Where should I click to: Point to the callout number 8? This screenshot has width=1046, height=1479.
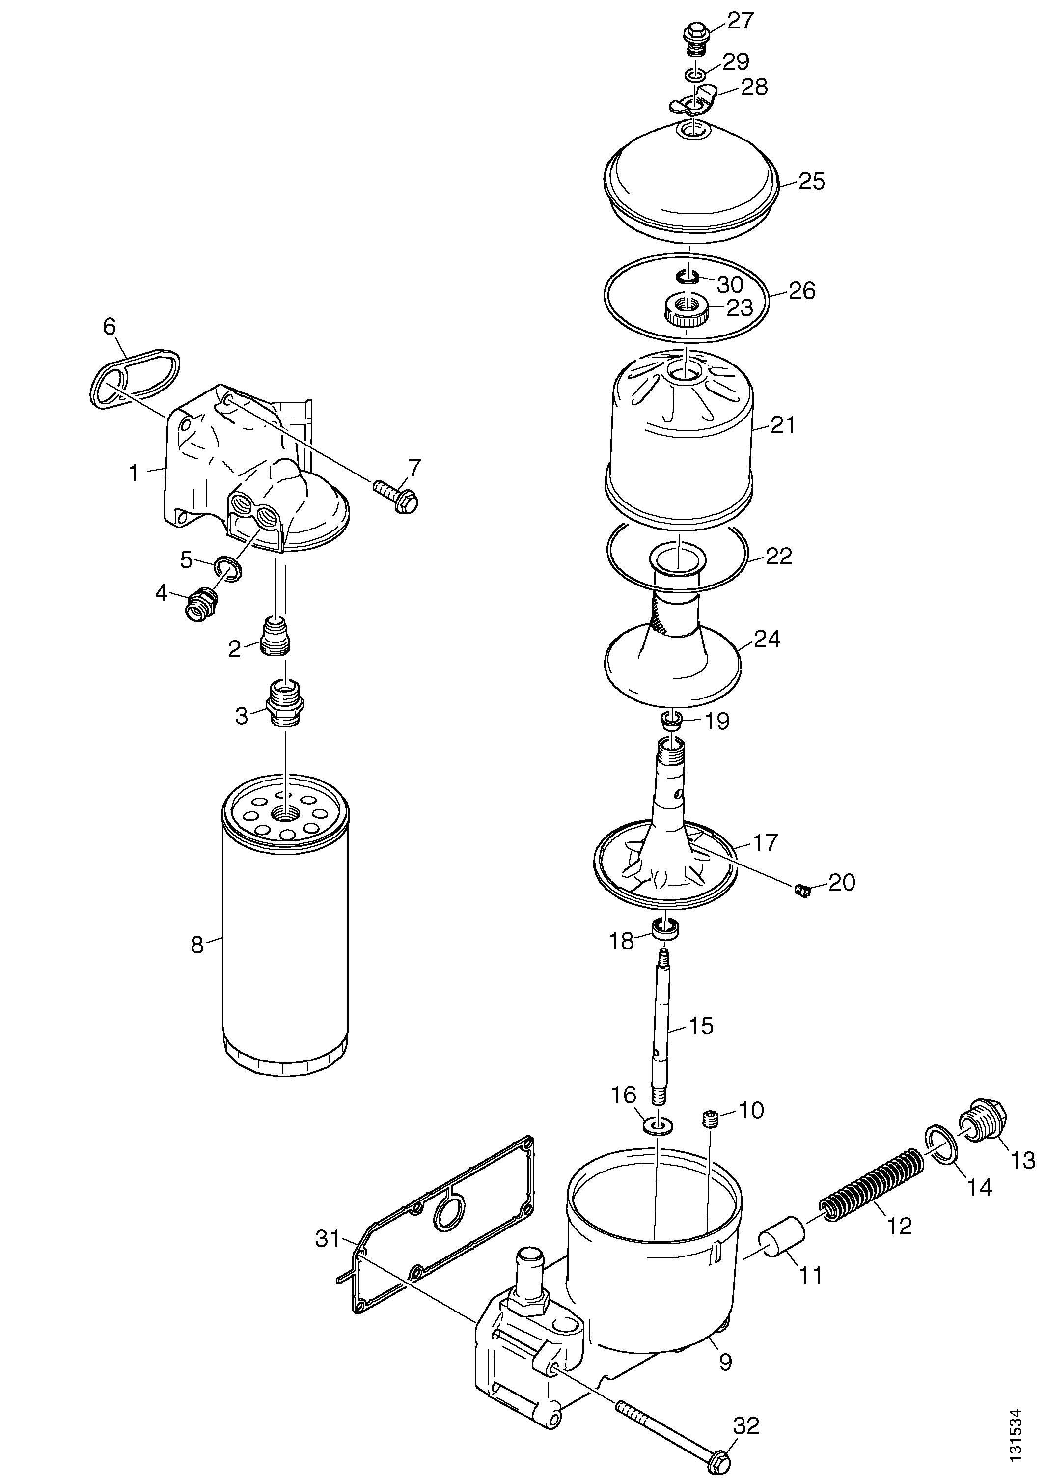coord(196,945)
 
